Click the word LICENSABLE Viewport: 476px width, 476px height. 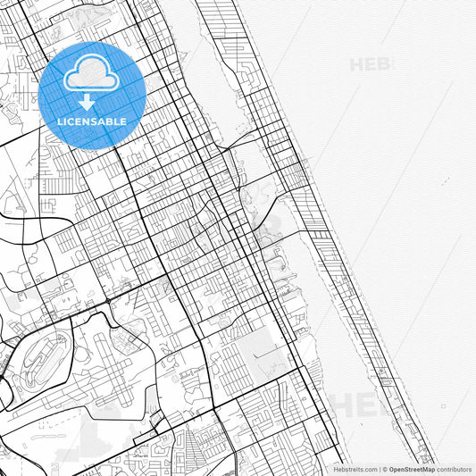coord(92,121)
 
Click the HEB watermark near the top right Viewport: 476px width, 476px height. coord(370,64)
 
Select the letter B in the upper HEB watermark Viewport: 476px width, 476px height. coord(385,64)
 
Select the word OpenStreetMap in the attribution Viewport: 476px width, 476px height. coord(411,469)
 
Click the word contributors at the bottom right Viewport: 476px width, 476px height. coord(454,469)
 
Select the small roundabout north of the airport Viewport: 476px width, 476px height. coord(109,301)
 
